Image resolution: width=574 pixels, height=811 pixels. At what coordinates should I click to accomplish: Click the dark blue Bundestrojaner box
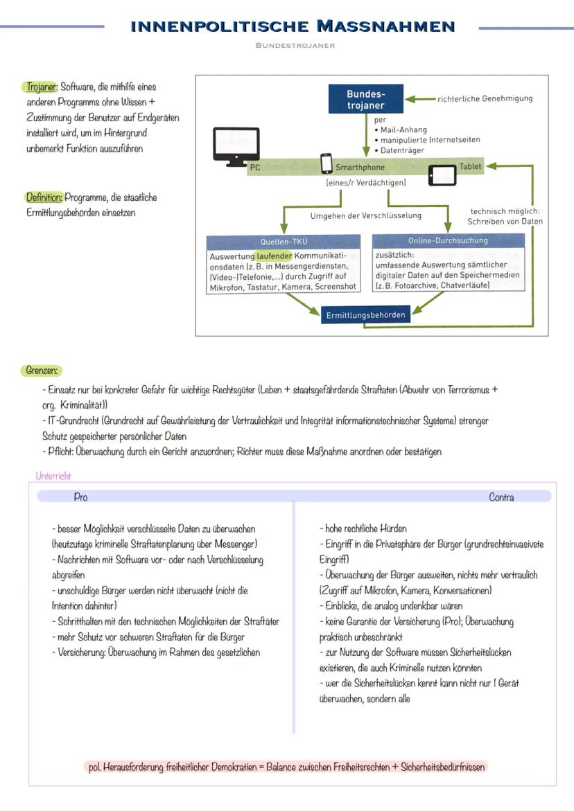[365, 100]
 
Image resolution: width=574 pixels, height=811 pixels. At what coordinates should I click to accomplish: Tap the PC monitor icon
[236, 146]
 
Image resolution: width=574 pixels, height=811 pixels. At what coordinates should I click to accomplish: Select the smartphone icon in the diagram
[327, 164]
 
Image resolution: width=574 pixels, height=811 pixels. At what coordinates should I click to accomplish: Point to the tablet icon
[442, 175]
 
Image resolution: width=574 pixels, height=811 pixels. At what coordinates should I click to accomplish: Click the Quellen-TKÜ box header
[283, 242]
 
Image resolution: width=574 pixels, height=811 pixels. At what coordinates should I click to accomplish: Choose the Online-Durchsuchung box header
[448, 241]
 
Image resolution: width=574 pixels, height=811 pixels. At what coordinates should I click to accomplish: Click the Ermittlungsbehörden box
[365, 315]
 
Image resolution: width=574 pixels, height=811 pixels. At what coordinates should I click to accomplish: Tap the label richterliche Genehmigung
[485, 98]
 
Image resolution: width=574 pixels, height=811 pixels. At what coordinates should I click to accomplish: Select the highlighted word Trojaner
[42, 87]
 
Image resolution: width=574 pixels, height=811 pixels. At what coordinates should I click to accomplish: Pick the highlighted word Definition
[44, 197]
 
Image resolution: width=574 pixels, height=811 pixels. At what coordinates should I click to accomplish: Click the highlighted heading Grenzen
[42, 371]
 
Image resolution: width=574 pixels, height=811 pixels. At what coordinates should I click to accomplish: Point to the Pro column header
[80, 497]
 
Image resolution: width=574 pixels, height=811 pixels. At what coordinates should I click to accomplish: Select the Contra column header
[501, 497]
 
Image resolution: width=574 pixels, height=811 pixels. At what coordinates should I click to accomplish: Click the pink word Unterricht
[53, 476]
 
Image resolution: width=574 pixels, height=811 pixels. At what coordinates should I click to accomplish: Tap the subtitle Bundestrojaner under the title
[295, 46]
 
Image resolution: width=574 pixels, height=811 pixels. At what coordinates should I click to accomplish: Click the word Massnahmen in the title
[385, 27]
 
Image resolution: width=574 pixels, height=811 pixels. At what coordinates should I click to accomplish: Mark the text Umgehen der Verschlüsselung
[365, 215]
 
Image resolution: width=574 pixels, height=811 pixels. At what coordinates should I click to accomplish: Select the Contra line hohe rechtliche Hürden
[363, 528]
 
